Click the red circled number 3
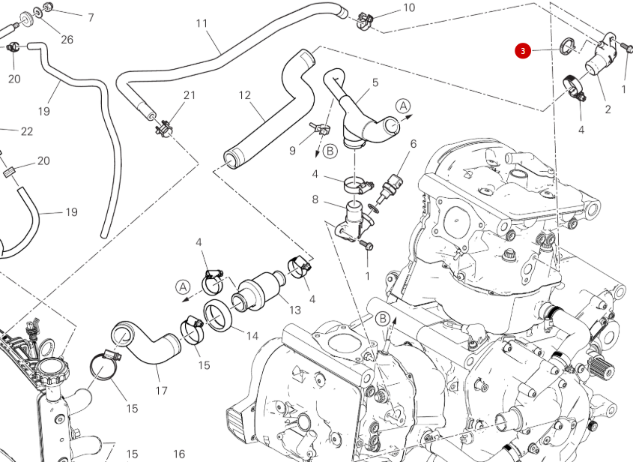pos(522,51)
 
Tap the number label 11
pos(202,23)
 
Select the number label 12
pos(245,95)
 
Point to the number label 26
pos(67,39)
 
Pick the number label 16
pos(179,454)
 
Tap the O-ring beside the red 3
pos(569,44)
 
